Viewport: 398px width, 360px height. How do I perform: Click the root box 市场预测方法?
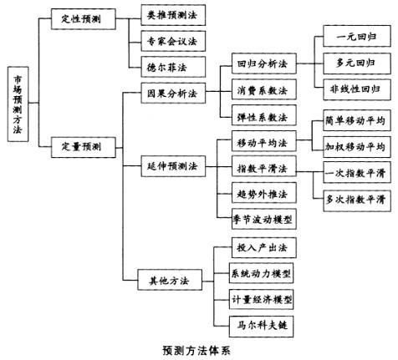click(x=18, y=104)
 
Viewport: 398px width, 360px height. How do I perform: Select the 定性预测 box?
click(x=83, y=19)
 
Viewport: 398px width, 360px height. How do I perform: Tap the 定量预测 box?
click(x=83, y=147)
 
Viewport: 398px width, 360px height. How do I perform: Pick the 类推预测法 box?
click(x=173, y=15)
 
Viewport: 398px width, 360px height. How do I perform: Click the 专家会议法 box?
click(x=173, y=41)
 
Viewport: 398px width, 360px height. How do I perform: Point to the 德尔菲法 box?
click(x=173, y=67)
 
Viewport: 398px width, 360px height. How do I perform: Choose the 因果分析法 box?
click(x=173, y=93)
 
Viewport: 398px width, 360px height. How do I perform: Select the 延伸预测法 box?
click(x=173, y=166)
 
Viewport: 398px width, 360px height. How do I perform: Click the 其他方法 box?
click(x=170, y=280)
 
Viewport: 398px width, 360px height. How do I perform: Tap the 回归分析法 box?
click(x=264, y=63)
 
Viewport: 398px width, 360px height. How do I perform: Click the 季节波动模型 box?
click(x=264, y=219)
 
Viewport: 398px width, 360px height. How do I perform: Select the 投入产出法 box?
click(x=264, y=247)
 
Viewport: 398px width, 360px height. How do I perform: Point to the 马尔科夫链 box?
click(x=261, y=327)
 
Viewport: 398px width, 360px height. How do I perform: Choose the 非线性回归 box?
click(x=357, y=89)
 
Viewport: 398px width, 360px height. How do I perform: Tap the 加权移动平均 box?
click(x=357, y=147)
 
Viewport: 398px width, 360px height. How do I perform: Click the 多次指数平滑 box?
click(x=357, y=200)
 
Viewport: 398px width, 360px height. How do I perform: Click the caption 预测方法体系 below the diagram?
click(x=196, y=351)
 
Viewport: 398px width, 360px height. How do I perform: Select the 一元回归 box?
click(x=357, y=36)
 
